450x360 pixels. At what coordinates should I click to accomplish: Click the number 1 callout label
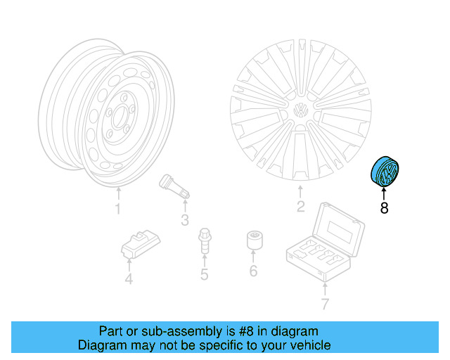click(117, 209)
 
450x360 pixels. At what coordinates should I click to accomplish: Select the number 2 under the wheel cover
click(300, 207)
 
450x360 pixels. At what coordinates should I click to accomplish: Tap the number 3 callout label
click(185, 221)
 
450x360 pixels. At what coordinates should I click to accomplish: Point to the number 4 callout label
click(129, 281)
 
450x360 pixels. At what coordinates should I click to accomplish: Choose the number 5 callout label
click(204, 274)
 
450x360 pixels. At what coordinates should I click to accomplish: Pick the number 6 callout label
click(253, 271)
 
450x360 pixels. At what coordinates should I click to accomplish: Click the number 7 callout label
click(324, 304)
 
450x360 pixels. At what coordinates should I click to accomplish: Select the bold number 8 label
click(384, 207)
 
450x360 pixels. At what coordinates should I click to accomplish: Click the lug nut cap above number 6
click(254, 240)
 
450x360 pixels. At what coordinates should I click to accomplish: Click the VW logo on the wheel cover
click(300, 111)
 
